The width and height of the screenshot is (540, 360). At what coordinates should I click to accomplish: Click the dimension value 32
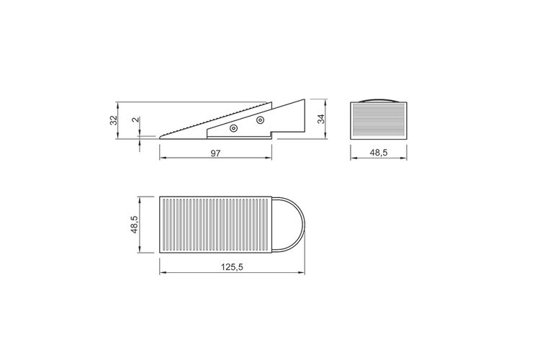coord(114,120)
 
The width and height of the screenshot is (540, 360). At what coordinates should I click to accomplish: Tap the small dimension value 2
coord(135,120)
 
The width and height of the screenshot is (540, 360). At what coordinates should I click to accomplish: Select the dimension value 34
coord(320,119)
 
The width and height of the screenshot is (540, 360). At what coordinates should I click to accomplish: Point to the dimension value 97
coord(215,153)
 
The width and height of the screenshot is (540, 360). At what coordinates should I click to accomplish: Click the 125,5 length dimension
coord(232,267)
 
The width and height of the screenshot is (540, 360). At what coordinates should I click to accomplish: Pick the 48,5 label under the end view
coord(379,152)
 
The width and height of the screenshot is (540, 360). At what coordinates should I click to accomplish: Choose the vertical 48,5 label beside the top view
coord(135,225)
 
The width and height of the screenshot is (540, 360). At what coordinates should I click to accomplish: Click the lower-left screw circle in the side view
coord(234,128)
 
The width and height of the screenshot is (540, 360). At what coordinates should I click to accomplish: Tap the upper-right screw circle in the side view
coord(261,120)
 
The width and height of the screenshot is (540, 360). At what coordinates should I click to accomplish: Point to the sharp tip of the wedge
coord(160,138)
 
